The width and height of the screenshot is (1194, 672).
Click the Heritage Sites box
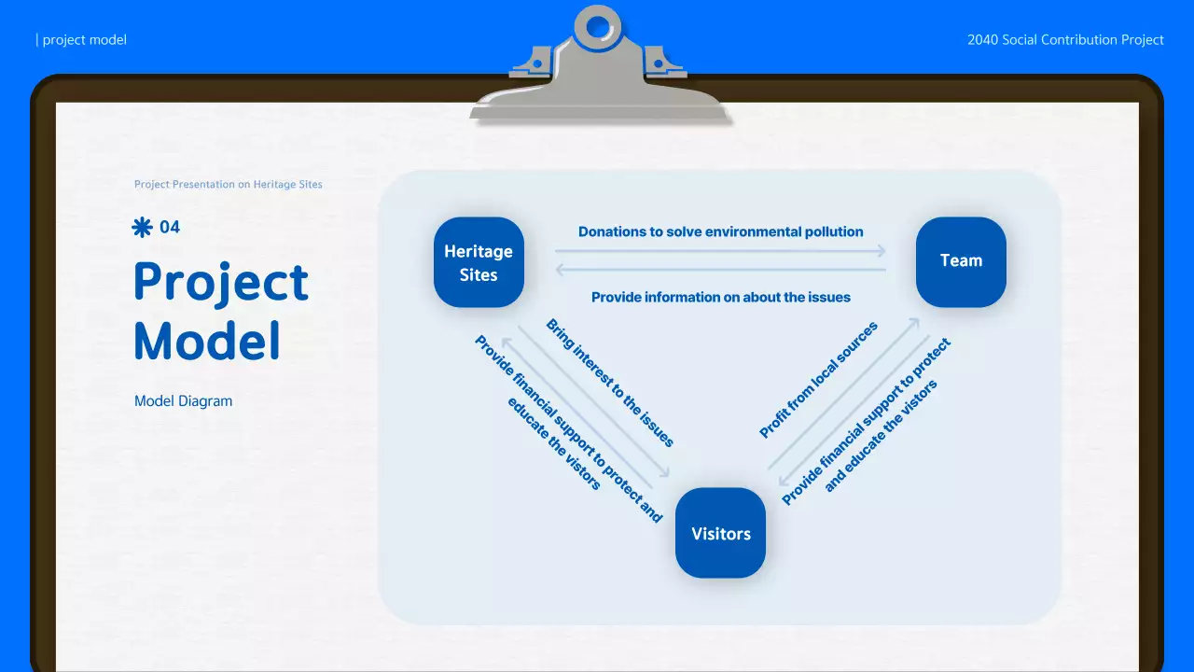point(479,262)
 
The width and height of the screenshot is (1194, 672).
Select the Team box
point(961,261)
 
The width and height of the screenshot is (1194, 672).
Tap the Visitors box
point(720,533)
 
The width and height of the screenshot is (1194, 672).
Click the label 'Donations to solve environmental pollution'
point(720,231)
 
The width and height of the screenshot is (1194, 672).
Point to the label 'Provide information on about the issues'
point(720,297)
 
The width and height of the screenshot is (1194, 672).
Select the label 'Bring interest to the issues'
point(610,384)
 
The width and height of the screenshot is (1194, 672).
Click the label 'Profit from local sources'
point(818,380)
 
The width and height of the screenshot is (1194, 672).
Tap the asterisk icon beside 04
point(142,227)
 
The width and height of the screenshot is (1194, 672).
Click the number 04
point(170,227)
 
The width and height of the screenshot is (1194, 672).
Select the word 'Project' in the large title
point(221,283)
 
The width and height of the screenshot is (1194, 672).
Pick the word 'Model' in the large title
point(207,341)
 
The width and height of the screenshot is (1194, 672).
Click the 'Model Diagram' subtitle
point(183,401)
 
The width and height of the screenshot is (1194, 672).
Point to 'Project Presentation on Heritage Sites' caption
point(229,185)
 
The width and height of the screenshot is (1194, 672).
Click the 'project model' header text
point(84,40)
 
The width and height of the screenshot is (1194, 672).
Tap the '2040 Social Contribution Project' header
point(1065,40)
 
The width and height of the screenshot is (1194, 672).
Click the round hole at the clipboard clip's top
point(598,27)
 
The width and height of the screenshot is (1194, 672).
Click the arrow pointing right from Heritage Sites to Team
point(720,251)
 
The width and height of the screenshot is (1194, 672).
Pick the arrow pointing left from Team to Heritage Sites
point(720,270)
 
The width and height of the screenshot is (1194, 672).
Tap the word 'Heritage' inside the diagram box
point(479,251)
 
